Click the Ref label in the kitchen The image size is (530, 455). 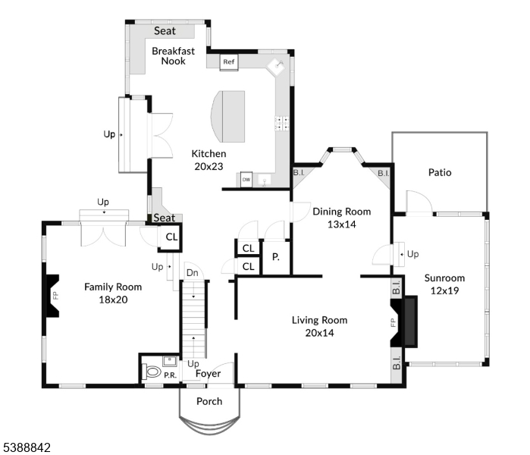click(229, 61)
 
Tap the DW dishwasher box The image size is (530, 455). click(246, 180)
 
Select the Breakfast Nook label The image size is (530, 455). click(173, 56)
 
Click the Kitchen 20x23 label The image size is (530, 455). click(208, 160)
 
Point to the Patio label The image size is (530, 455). click(439, 172)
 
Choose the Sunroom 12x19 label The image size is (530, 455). click(445, 284)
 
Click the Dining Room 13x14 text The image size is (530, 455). click(341, 218)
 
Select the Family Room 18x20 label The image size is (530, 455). click(113, 293)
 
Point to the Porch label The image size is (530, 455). click(209, 401)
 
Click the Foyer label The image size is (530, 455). click(209, 374)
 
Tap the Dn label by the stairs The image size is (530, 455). click(193, 273)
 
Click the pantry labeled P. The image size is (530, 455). click(276, 257)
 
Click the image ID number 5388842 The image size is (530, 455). click(26, 448)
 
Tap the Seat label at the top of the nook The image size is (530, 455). click(165, 31)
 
